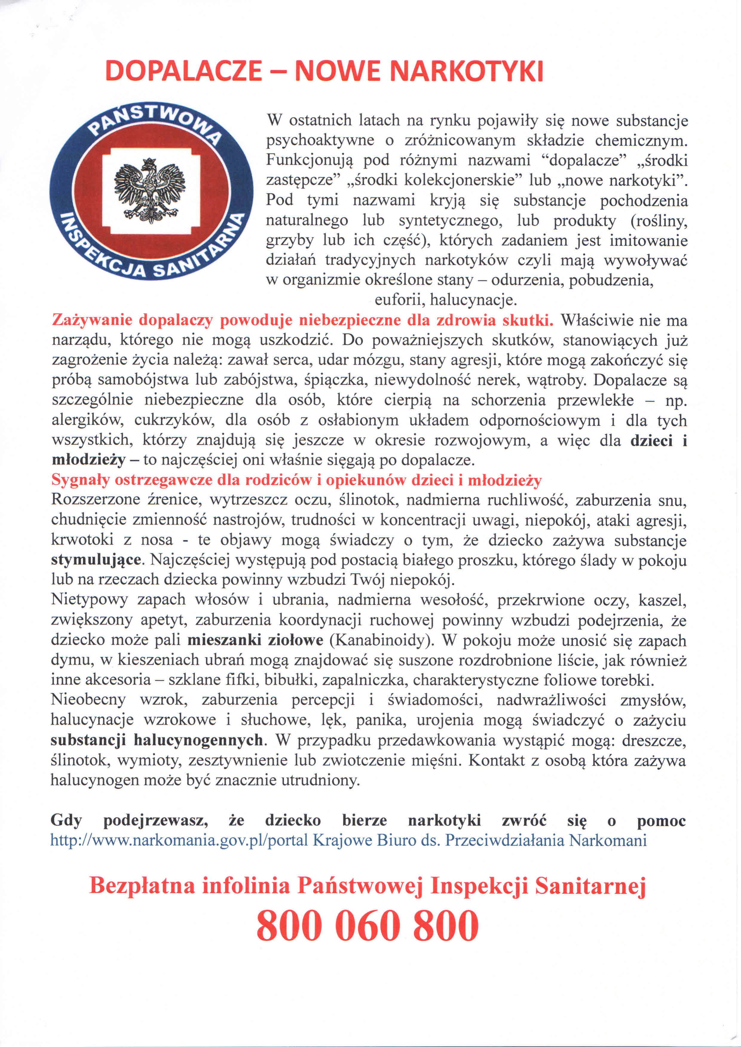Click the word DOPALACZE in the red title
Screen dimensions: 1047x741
183,71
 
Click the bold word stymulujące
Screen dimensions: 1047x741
96,560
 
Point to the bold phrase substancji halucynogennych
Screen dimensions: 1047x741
157,740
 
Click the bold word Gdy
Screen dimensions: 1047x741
66,820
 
